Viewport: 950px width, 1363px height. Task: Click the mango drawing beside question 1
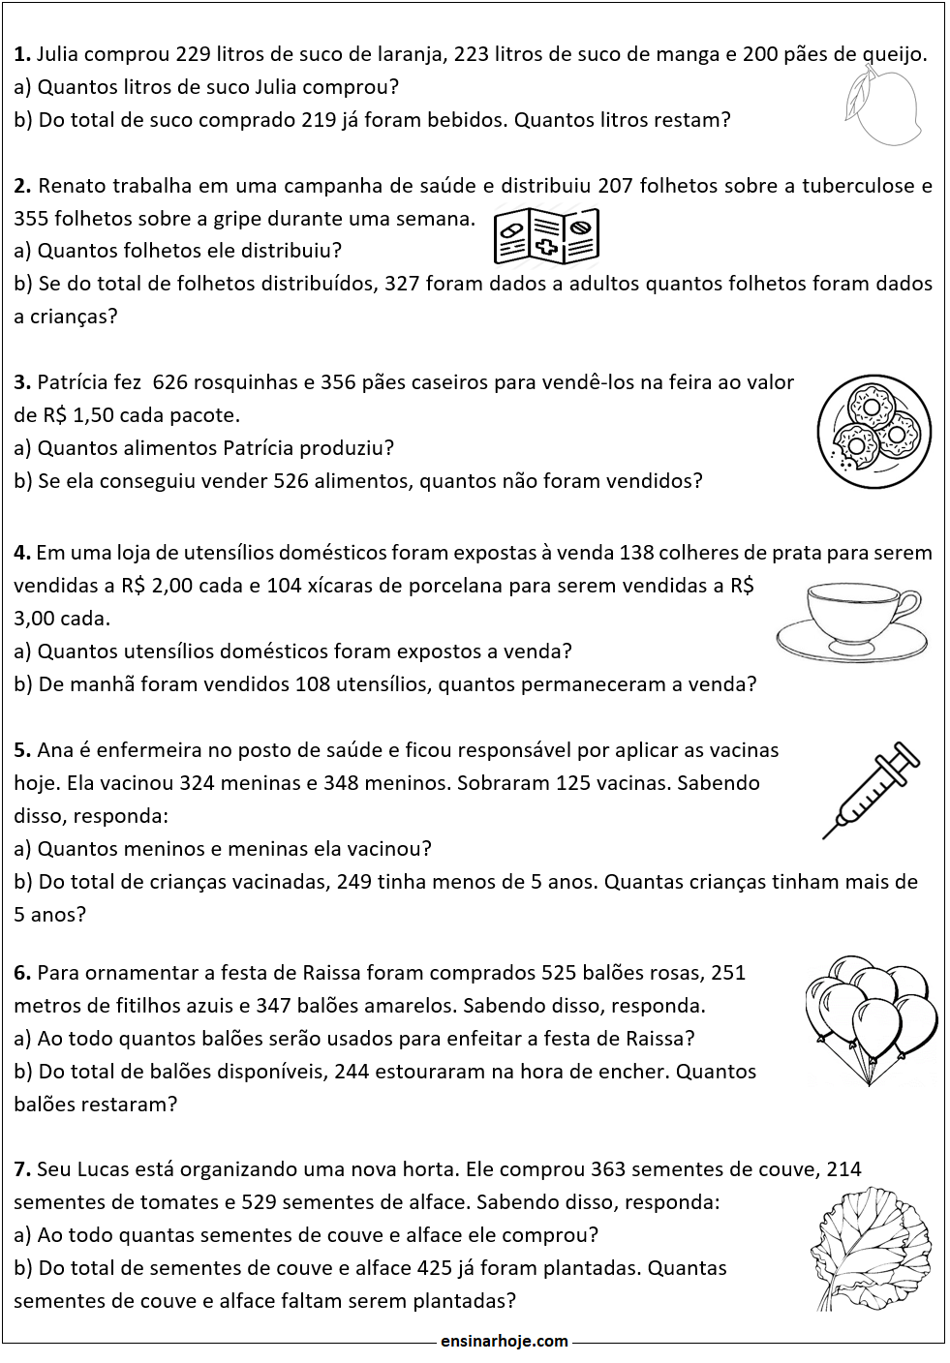pyautogui.click(x=881, y=106)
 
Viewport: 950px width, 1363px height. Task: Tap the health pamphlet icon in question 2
pyautogui.click(x=546, y=236)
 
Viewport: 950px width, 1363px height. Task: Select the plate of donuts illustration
pyautogui.click(x=873, y=431)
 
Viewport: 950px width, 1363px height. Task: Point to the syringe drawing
pyautogui.click(x=871, y=789)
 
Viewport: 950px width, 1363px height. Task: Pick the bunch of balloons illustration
pyautogui.click(x=871, y=1018)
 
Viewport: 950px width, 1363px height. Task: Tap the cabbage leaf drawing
pyautogui.click(x=870, y=1248)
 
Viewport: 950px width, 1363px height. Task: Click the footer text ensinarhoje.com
pyautogui.click(x=504, y=1341)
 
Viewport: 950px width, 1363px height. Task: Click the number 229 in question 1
pyautogui.click(x=194, y=54)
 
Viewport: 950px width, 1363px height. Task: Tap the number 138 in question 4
pyautogui.click(x=636, y=553)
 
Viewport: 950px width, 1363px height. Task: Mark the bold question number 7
pyautogui.click(x=22, y=1169)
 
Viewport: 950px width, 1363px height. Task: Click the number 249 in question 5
pyautogui.click(x=354, y=882)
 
